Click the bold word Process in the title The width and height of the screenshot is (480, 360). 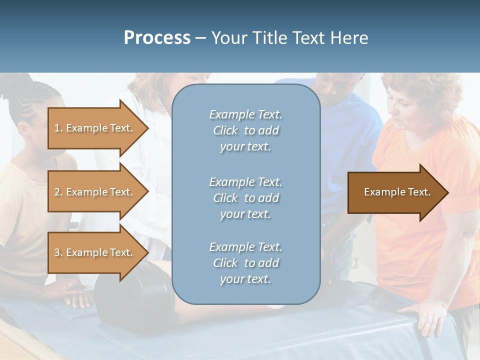[157, 38]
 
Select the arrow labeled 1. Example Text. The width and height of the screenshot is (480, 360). [95, 128]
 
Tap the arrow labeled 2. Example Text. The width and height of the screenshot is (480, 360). [95, 192]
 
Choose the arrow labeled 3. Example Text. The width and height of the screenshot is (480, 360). [95, 252]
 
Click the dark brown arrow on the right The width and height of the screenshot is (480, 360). [395, 192]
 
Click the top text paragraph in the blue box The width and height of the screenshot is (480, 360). [245, 130]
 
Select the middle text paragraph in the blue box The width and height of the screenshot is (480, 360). [245, 198]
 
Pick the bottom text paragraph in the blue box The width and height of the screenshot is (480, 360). [245, 263]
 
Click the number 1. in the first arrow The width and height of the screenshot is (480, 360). [58, 128]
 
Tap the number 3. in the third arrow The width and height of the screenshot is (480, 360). [58, 252]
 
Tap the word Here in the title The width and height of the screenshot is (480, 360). [350, 38]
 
